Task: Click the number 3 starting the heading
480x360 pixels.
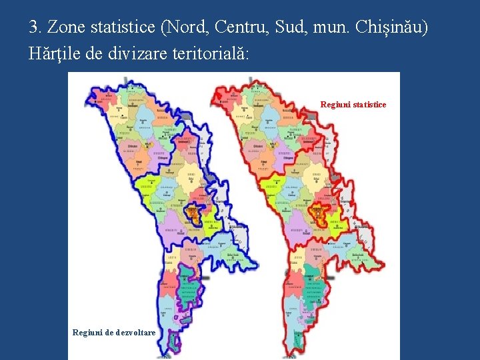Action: click(x=33, y=28)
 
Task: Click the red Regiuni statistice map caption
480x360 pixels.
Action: click(x=353, y=105)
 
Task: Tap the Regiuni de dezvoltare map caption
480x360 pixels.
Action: click(x=114, y=332)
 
